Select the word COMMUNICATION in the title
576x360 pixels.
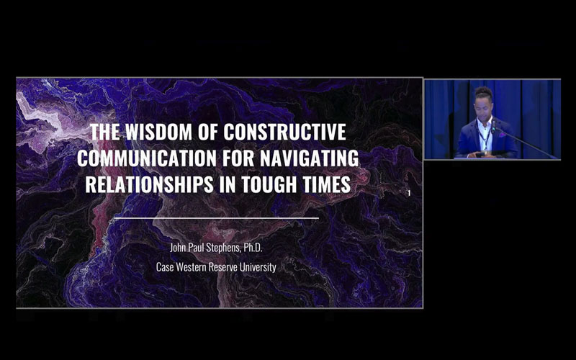coord(150,158)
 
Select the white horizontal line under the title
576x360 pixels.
coord(216,217)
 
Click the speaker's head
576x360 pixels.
coord(482,102)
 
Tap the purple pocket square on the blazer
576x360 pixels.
coord(498,135)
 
